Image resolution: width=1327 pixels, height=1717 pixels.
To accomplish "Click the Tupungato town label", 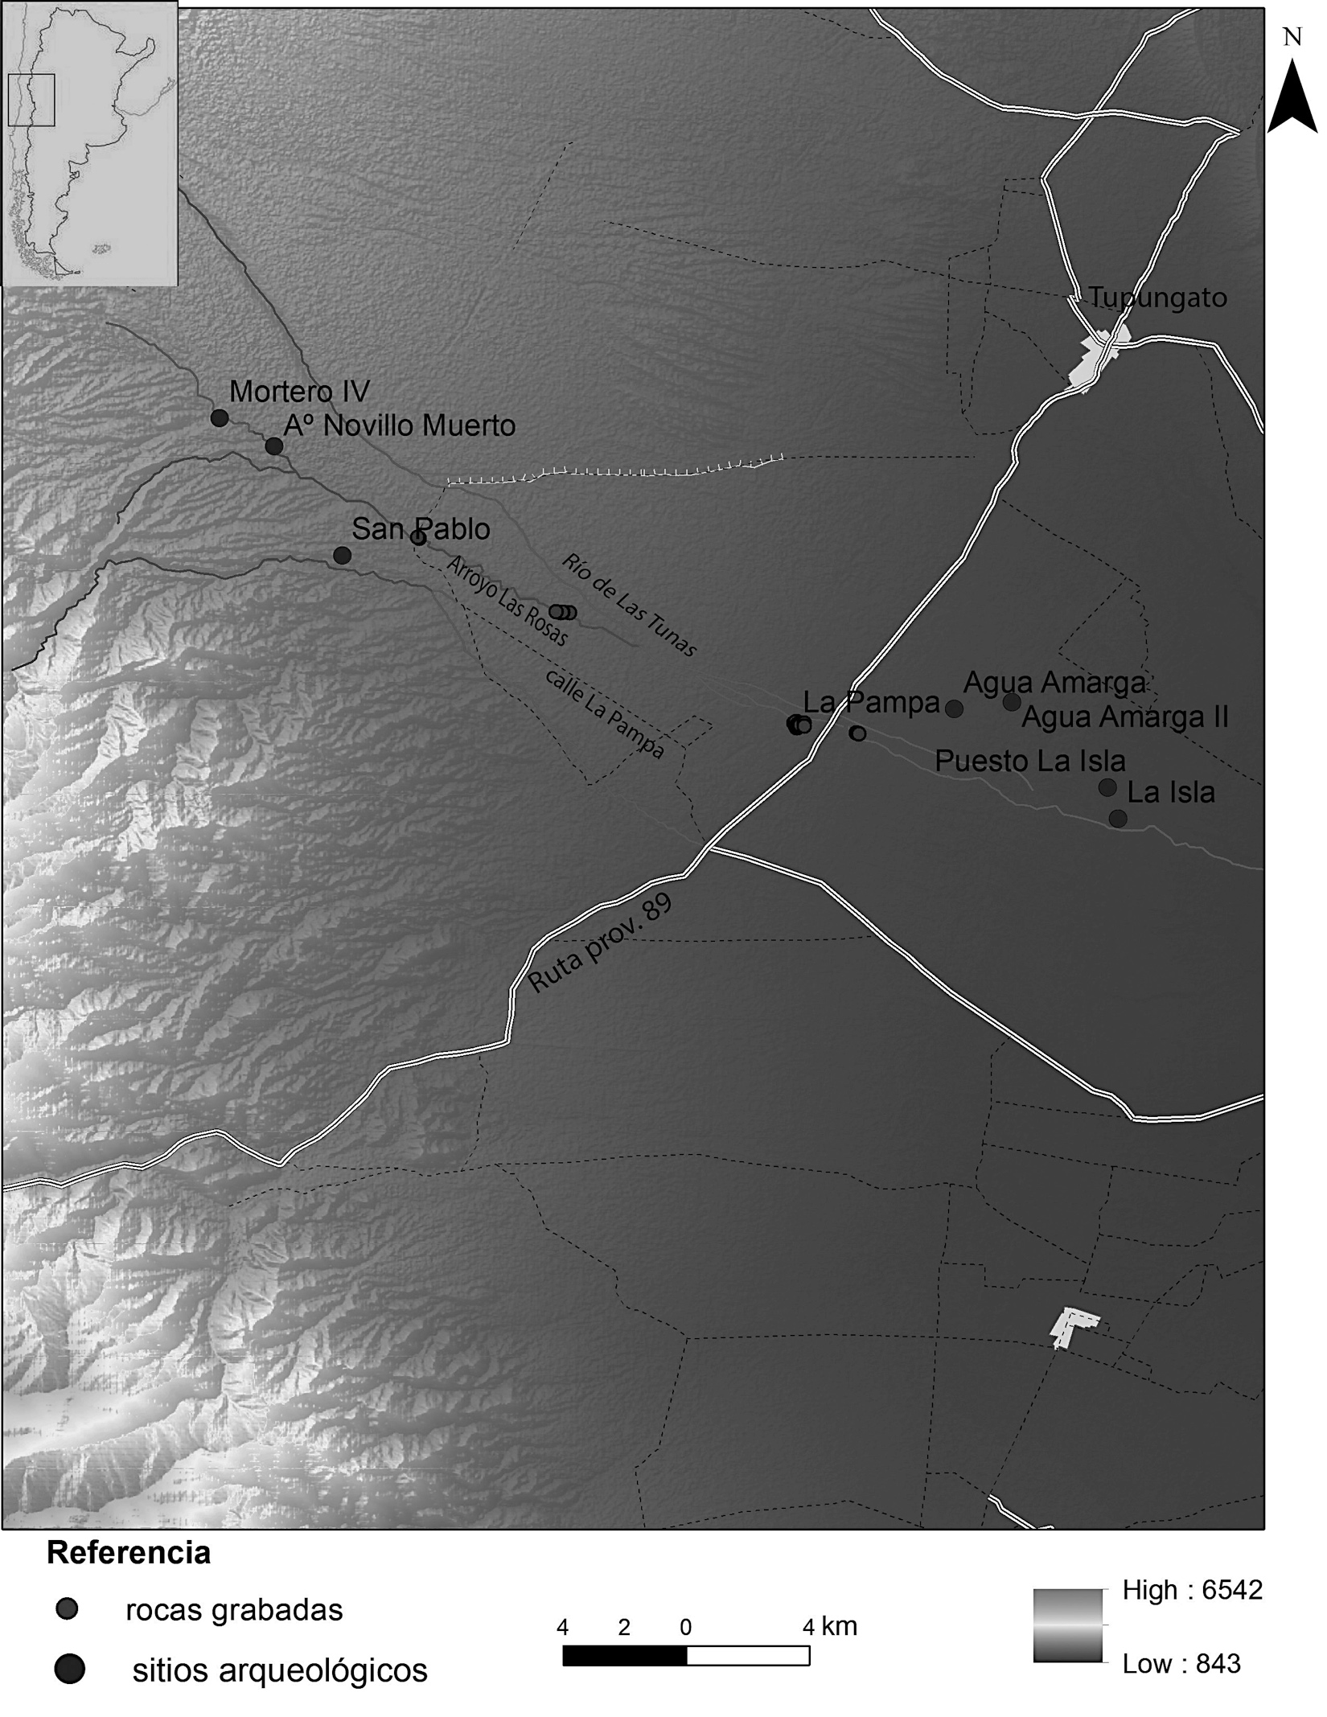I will [x=1157, y=298].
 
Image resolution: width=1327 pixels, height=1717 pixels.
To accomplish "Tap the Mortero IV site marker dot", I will [x=219, y=418].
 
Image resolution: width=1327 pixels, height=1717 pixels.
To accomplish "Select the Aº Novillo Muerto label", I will [x=399, y=425].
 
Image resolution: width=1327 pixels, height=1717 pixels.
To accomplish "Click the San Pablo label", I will [x=421, y=529].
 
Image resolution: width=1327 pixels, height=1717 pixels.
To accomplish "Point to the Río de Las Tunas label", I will [x=628, y=605].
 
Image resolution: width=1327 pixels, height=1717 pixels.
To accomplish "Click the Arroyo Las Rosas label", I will [x=507, y=601].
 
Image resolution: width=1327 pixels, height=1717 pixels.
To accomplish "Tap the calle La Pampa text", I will [x=605, y=713].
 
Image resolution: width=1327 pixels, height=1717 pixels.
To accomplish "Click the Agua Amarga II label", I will [x=1124, y=717].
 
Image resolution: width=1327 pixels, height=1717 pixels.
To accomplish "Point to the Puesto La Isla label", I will [x=1029, y=761].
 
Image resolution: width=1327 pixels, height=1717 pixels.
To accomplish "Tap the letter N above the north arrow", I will [x=1292, y=38].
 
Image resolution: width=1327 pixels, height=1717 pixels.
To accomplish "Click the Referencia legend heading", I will [x=129, y=1553].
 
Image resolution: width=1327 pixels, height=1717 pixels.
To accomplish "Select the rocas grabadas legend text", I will [x=234, y=1610].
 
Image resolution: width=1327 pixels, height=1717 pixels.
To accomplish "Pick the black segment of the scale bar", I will [x=624, y=1656].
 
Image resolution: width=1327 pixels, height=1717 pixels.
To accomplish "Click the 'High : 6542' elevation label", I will [x=1192, y=1590].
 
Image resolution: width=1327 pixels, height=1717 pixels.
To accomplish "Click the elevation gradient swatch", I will [x=1067, y=1626].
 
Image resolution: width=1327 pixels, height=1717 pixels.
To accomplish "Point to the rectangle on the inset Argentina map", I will [x=31, y=100].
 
